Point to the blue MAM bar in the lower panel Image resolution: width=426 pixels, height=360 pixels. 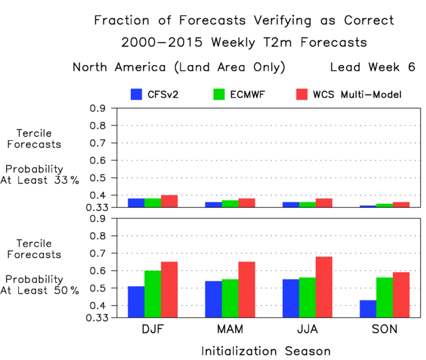click(213, 299)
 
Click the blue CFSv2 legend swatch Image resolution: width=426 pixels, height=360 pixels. click(136, 95)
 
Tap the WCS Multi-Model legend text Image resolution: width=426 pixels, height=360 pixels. click(357, 95)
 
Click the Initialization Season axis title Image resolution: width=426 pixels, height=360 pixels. click(266, 351)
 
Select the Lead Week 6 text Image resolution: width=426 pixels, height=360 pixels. click(372, 67)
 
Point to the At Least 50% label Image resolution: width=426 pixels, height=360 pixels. click(49, 290)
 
